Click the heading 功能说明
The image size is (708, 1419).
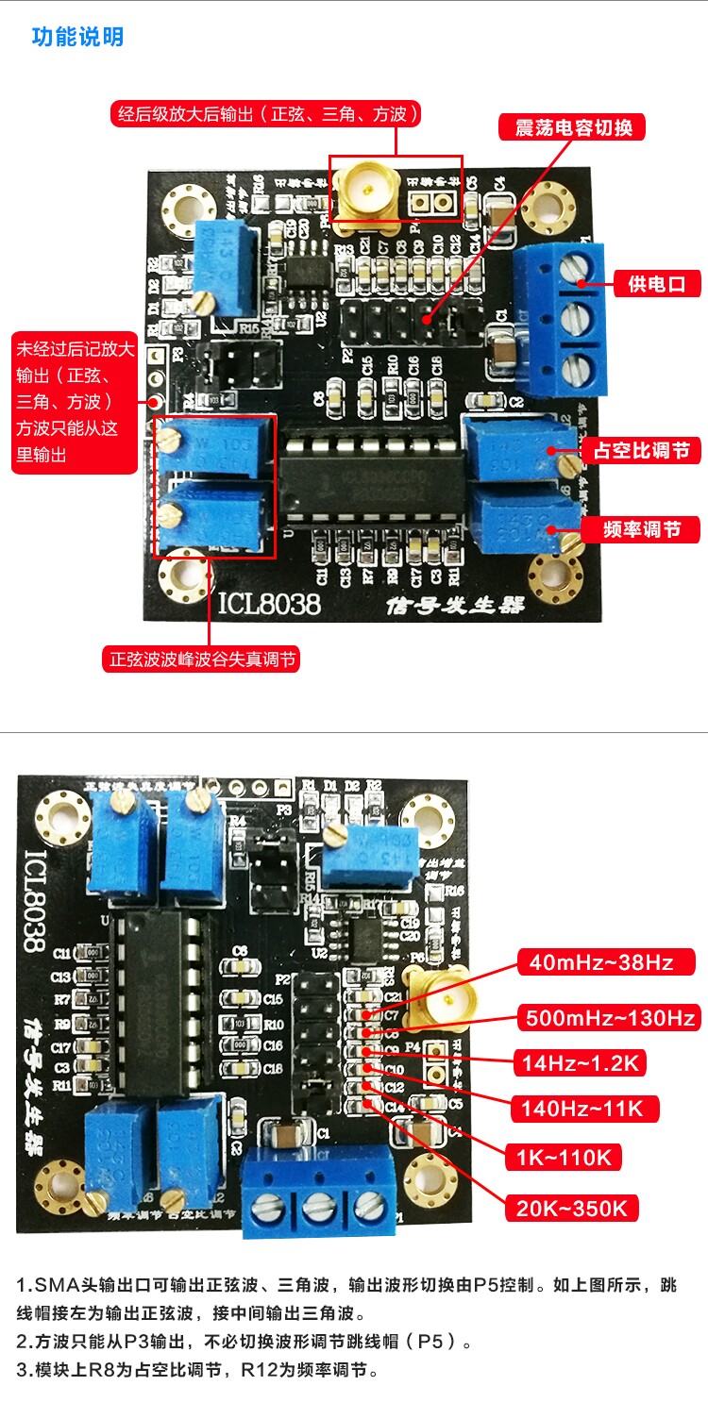point(77,38)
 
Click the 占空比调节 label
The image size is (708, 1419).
point(641,451)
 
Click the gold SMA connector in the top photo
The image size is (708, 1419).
point(363,195)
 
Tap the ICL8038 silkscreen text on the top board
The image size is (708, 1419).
point(269,602)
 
